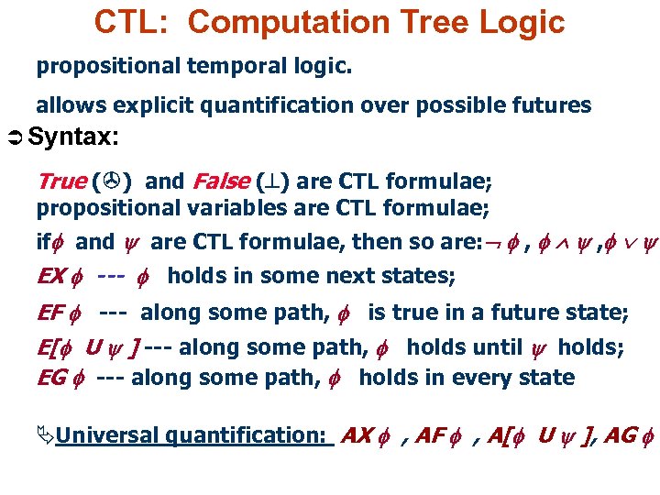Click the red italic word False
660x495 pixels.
coord(220,181)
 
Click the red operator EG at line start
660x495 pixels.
coord(51,378)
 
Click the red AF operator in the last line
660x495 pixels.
coord(431,435)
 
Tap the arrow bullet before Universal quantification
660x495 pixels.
coord(45,435)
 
